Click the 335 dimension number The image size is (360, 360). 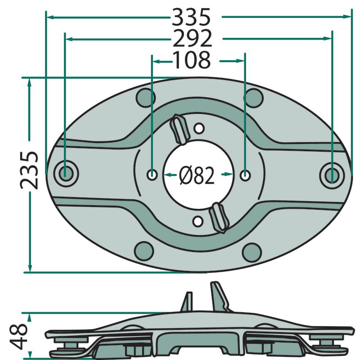click(x=191, y=17)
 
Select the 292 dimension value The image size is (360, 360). click(x=192, y=38)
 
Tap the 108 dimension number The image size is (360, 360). click(x=192, y=60)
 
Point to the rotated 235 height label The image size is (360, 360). click(x=29, y=170)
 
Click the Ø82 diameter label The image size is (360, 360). click(x=197, y=175)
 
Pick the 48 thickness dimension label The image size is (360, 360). click(x=18, y=336)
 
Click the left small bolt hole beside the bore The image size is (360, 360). click(x=152, y=175)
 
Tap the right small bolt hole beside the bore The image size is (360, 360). click(x=245, y=175)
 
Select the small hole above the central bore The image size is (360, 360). click(x=199, y=128)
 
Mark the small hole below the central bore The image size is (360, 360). click(x=198, y=221)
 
